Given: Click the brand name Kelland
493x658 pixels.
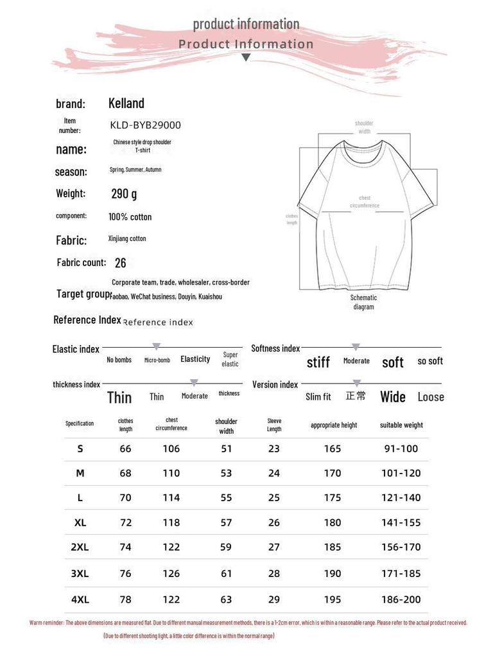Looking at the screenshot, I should coord(126,103).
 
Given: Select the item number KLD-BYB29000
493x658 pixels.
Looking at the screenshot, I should coord(146,125).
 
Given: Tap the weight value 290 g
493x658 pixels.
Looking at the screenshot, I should coord(124,193).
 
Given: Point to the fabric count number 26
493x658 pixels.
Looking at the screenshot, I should coord(120,263).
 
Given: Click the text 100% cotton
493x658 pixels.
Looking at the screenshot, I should coord(130,217).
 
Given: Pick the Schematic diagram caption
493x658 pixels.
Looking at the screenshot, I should coord(363,302).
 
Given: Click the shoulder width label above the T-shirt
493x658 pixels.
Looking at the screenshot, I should coord(364,127).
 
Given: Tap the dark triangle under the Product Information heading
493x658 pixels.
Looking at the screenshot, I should coord(246,58).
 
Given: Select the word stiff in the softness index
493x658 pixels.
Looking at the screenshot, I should coord(318,362).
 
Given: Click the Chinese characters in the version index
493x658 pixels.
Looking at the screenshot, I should coord(356,396).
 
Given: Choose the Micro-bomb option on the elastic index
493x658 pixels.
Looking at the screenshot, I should coord(157,360).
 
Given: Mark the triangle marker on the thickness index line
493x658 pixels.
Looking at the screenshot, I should coord(194,382).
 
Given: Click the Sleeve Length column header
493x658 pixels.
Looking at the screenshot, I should coord(274,425).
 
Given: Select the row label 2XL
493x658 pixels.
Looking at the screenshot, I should coord(80,547).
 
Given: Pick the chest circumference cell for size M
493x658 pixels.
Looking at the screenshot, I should coord(171,474).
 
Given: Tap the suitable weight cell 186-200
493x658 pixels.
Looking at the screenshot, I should coord(402,600).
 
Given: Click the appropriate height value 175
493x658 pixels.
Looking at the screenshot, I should coord(333,498).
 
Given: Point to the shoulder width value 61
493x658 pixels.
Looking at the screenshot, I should coord(227,573).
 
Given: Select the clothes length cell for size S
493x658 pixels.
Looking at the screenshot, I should coord(126,449).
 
